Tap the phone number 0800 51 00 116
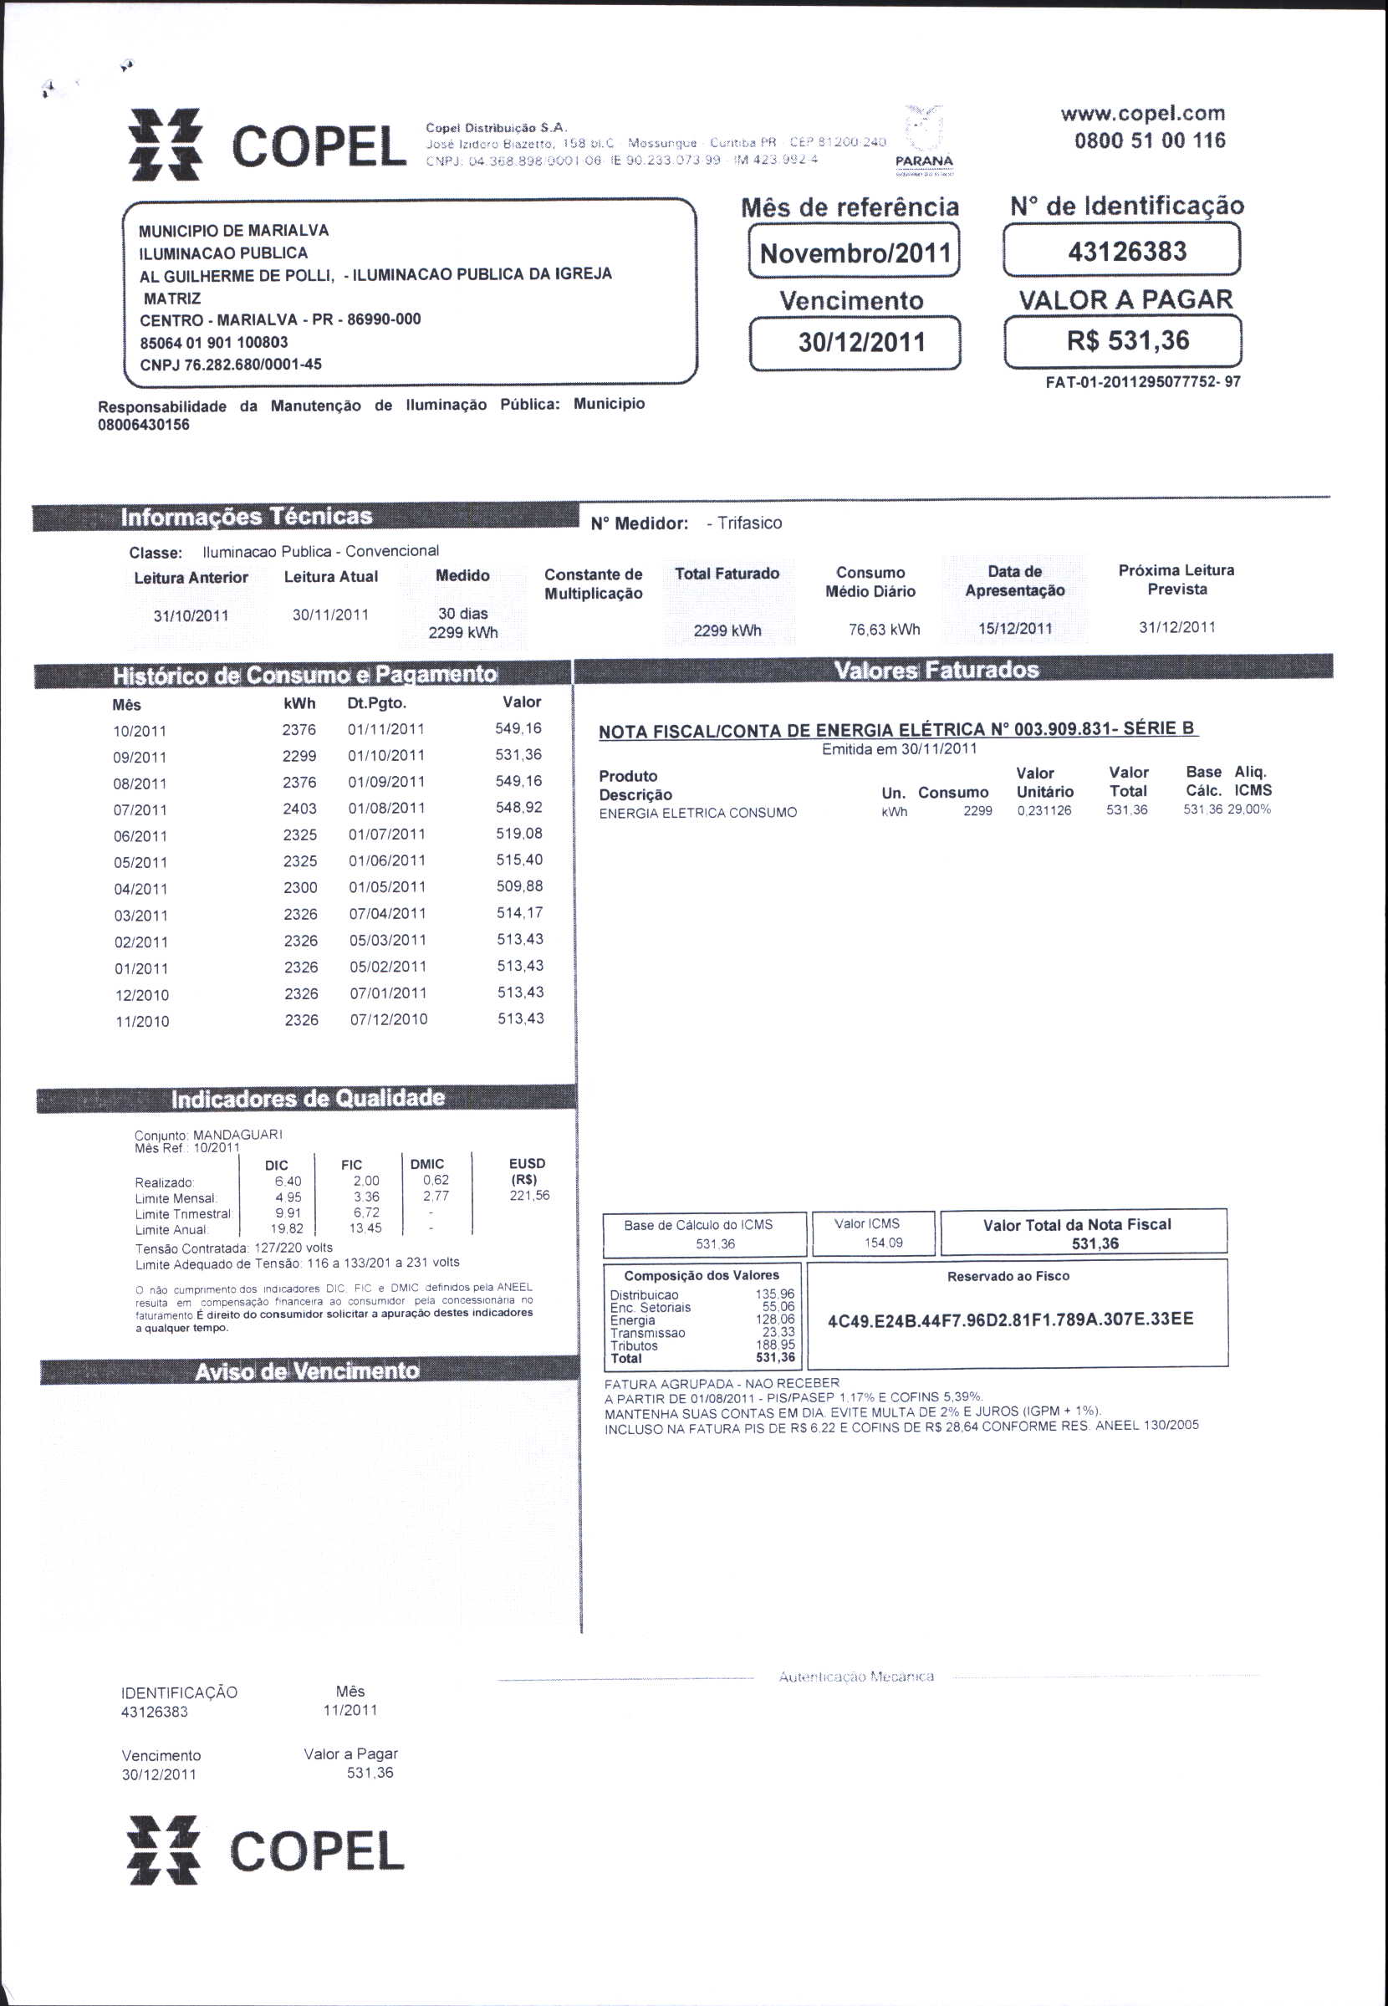pos(1149,140)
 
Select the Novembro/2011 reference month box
pos(854,253)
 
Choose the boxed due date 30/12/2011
pos(854,342)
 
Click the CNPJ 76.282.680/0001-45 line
pos(231,365)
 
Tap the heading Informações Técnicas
pos(246,517)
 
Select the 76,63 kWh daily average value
pos(884,630)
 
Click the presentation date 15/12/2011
pos(1014,629)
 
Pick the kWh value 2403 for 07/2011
pos(299,809)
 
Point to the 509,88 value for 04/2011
pos(519,886)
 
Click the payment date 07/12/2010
pos(388,1019)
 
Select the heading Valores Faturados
pos(936,670)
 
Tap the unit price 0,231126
pos(1044,810)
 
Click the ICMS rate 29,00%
pos(1249,809)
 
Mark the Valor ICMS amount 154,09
pos(883,1243)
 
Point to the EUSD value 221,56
pos(528,1196)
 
